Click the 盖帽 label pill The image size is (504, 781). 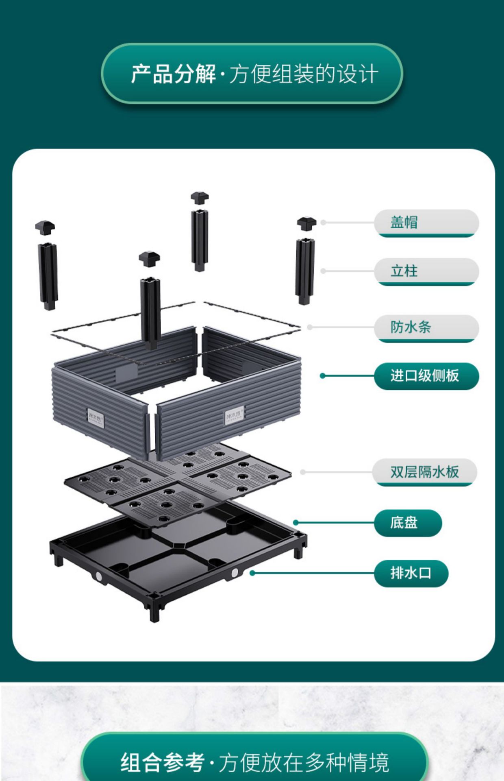point(426,223)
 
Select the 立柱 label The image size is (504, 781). point(426,271)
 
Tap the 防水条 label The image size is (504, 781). point(426,327)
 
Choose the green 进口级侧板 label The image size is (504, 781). point(426,375)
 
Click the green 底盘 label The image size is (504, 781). point(407,522)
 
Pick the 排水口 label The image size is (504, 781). point(411,573)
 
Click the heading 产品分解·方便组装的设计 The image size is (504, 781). point(252,74)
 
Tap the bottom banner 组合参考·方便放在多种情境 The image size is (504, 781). point(254,762)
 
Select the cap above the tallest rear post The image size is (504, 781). point(200,198)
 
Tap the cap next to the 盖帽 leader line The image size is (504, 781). point(306,223)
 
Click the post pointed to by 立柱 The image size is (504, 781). point(305,271)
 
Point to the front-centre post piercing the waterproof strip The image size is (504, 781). point(150,313)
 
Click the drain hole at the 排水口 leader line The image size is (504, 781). point(235,573)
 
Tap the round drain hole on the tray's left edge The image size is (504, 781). point(99,576)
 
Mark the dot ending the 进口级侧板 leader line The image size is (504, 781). point(323,375)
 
